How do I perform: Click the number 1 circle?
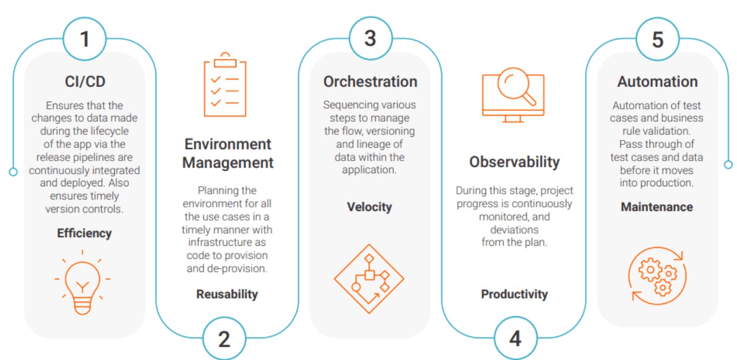click(x=84, y=39)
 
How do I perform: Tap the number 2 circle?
click(x=224, y=339)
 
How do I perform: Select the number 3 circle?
click(x=371, y=38)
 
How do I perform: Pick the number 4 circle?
click(x=515, y=339)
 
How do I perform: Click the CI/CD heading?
click(x=84, y=82)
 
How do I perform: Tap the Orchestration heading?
click(x=370, y=82)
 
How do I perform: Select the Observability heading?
click(x=514, y=162)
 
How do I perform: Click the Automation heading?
click(x=658, y=82)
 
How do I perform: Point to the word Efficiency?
click(x=84, y=233)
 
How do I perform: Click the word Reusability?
click(x=227, y=294)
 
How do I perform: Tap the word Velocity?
click(x=370, y=207)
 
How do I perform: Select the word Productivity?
click(x=514, y=294)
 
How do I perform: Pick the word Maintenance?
click(x=657, y=207)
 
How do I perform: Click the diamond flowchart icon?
click(x=369, y=279)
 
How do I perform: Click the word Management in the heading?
click(x=228, y=163)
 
